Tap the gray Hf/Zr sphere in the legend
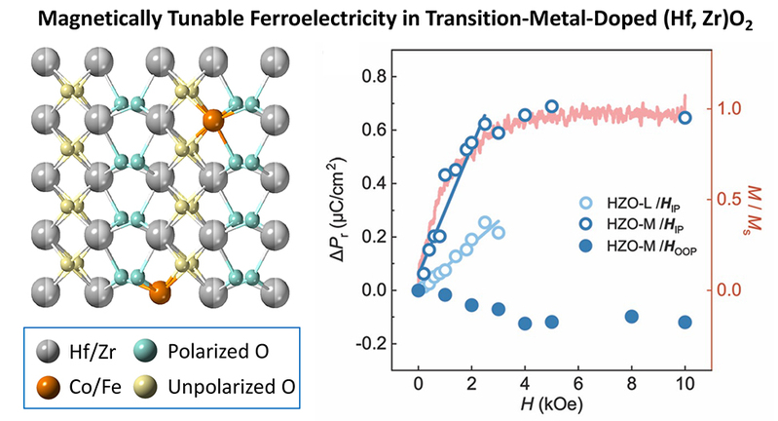(48, 351)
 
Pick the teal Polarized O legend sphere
(145, 351)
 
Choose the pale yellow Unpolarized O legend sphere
(145, 387)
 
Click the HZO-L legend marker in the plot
(586, 203)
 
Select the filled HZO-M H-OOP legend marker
(586, 246)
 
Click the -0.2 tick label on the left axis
(373, 344)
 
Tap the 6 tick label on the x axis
(578, 384)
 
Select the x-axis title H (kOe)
(551, 404)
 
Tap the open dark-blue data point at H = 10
(685, 118)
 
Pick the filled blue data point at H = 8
(631, 317)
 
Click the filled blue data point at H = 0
(419, 290)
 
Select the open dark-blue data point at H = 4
(525, 115)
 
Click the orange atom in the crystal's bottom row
(160, 291)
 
